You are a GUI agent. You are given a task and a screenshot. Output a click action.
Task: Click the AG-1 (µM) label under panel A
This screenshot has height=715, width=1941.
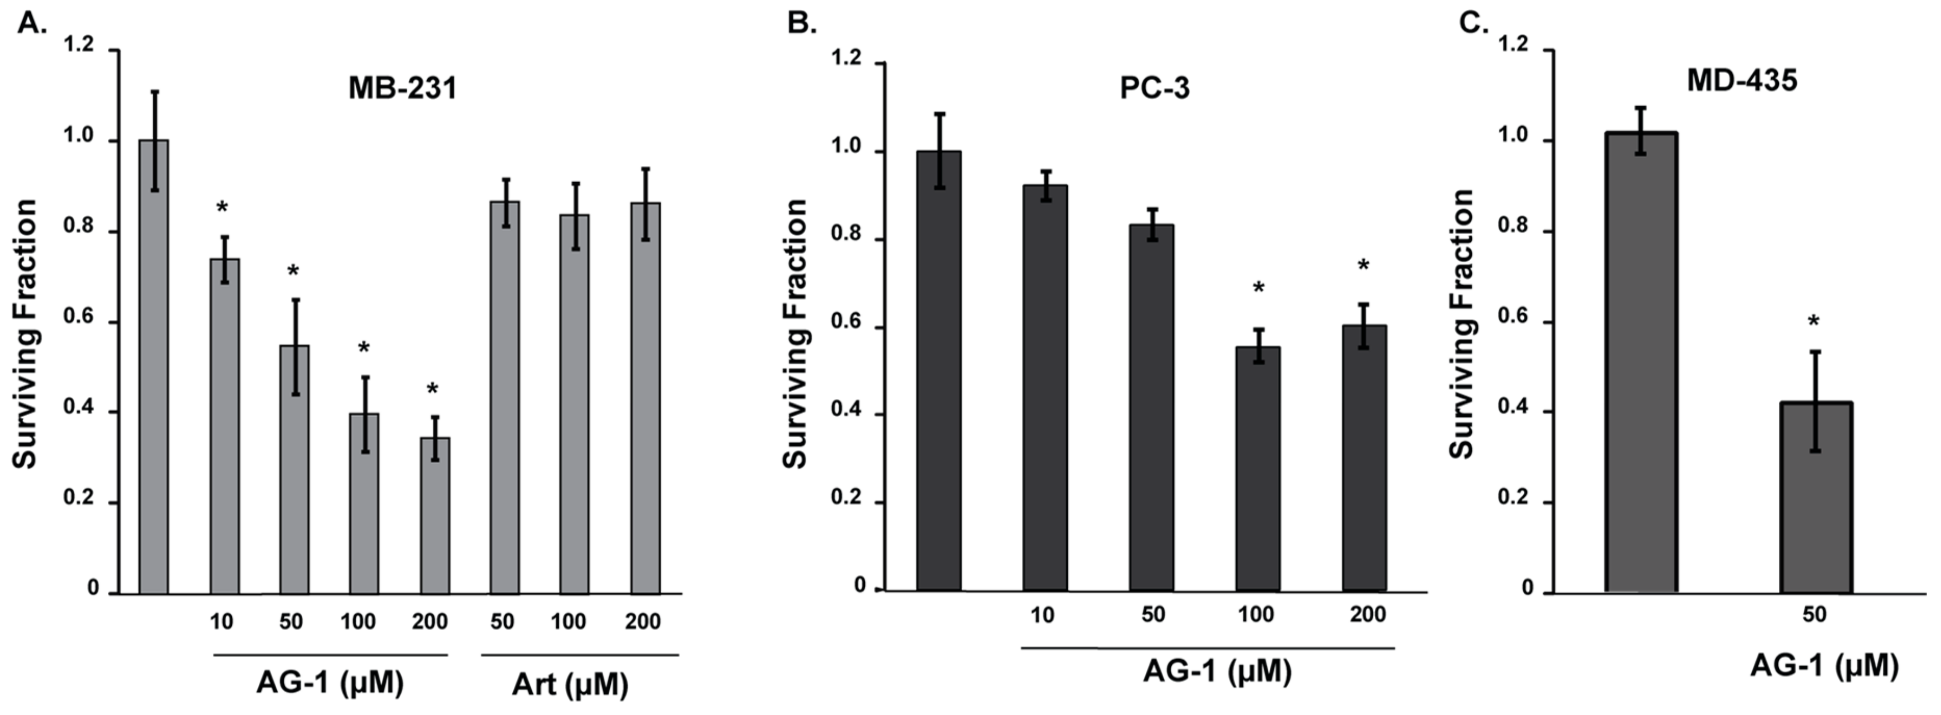point(330,682)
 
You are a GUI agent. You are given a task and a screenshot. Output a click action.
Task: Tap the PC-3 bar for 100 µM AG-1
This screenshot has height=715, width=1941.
point(1258,469)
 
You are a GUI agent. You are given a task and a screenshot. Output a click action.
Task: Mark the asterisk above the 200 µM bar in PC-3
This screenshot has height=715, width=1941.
point(1363,266)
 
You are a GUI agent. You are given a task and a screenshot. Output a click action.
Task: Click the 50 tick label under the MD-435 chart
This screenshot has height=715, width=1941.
point(1814,615)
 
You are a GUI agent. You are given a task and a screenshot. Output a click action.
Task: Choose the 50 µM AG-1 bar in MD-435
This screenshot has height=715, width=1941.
point(1816,498)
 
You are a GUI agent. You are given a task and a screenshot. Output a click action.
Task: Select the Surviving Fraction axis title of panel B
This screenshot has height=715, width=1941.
point(796,333)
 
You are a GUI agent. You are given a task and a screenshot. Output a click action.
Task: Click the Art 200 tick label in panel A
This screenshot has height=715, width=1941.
point(643,621)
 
